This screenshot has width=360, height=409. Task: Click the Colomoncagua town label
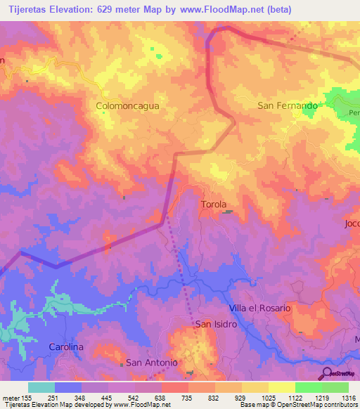127,106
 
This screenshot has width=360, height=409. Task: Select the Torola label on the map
214,204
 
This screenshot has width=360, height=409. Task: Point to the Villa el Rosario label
259,309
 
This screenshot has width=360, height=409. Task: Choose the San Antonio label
151,363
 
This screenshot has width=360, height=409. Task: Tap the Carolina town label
66,347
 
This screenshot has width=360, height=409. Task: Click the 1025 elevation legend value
269,397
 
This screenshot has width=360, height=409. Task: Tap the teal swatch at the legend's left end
41,387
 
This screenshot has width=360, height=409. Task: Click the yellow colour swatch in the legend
255,387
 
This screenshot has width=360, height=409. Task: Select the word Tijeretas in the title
27,9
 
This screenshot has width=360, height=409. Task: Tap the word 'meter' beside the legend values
9,397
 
